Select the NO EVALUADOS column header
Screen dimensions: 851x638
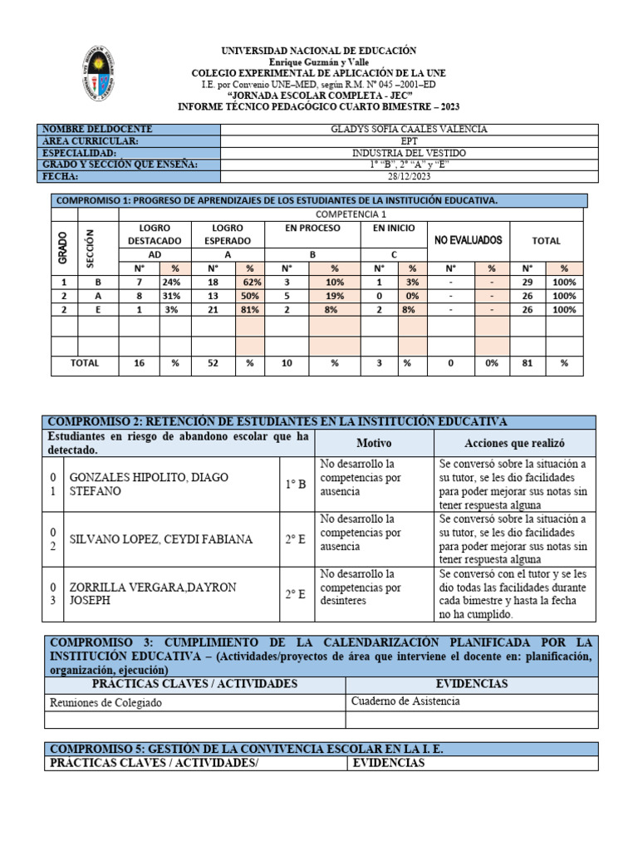[x=469, y=240]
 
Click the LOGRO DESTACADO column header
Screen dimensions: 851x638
[x=155, y=234]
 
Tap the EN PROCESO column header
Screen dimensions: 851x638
[x=312, y=227]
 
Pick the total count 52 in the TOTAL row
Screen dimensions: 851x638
[x=213, y=363]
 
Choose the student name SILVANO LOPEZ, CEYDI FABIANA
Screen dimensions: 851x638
[x=160, y=539]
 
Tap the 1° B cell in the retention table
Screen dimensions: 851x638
[x=297, y=485]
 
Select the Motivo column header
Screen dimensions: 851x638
[x=374, y=444]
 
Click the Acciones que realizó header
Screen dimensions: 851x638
[x=514, y=444]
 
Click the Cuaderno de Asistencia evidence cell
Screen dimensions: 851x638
[x=405, y=701]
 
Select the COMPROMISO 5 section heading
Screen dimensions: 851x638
[x=248, y=749]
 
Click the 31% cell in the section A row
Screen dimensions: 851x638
[x=175, y=296]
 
